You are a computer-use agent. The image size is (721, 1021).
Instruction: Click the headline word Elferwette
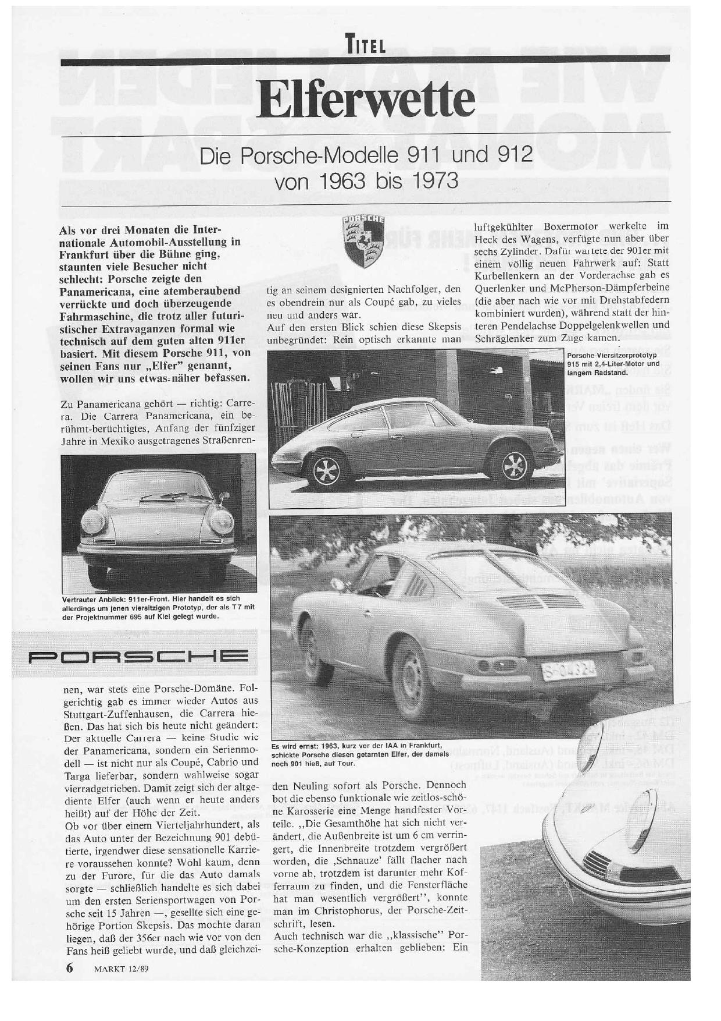(x=365, y=100)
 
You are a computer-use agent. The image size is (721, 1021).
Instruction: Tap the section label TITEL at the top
(x=365, y=44)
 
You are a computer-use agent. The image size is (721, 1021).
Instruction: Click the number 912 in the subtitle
(x=511, y=155)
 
